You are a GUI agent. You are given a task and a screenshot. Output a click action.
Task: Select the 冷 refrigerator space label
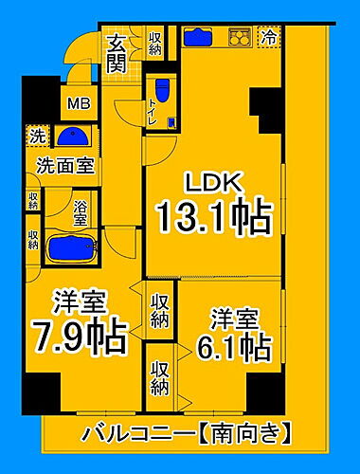269,39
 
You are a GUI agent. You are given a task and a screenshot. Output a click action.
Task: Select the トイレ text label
152,115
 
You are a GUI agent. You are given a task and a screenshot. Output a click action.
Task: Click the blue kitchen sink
201,38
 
